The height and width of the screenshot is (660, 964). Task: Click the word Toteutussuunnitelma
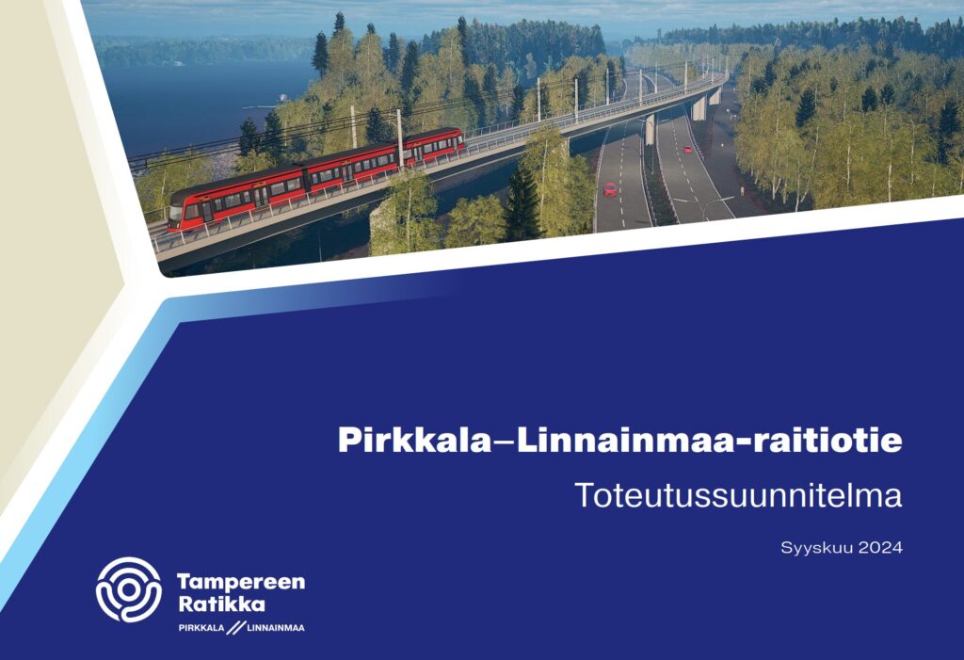739,495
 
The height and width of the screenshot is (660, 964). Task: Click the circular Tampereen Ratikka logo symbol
129,589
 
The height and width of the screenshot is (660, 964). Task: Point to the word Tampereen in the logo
241,582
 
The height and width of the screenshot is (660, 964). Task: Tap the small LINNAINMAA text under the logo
275,627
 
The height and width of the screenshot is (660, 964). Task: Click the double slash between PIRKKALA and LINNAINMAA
234,627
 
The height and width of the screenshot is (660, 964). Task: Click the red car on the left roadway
609,189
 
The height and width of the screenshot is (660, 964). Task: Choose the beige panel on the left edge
38,235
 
